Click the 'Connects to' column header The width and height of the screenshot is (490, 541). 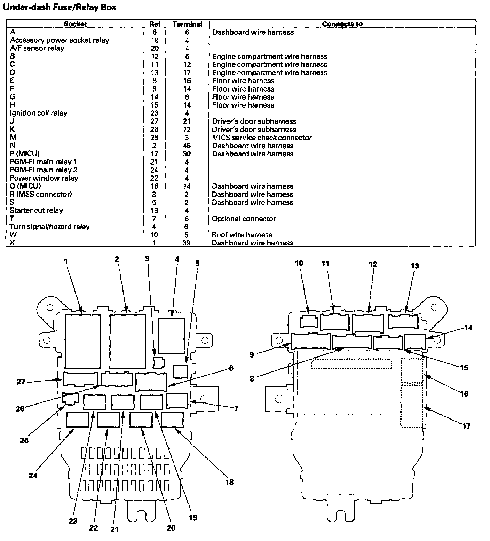[x=342, y=24]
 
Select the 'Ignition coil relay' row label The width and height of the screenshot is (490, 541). [x=38, y=113]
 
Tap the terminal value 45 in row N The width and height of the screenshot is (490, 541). [x=187, y=146]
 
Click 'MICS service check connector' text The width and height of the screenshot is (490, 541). [x=262, y=138]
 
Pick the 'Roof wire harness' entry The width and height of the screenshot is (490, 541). [x=242, y=235]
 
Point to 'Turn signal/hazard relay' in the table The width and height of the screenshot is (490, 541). [x=49, y=227]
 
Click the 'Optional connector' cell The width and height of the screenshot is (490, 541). [x=244, y=219]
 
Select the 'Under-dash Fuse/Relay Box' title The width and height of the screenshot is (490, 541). [x=59, y=7]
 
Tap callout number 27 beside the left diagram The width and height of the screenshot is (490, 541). [x=21, y=382]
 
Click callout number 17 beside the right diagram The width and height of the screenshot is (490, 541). [x=466, y=426]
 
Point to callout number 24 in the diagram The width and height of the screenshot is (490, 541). [x=33, y=476]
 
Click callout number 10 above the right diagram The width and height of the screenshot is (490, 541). [x=299, y=264]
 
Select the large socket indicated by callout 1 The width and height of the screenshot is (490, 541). [x=82, y=341]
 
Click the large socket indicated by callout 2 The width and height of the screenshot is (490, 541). [x=127, y=341]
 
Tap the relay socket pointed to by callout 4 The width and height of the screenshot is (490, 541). [x=171, y=336]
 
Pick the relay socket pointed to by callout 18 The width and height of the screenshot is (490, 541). [x=172, y=420]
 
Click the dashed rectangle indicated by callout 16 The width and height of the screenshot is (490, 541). [x=412, y=371]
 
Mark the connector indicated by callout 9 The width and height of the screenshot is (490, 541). [x=311, y=341]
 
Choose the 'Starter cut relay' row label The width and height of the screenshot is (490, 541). [x=36, y=211]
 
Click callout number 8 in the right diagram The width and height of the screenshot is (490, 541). [x=252, y=379]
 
